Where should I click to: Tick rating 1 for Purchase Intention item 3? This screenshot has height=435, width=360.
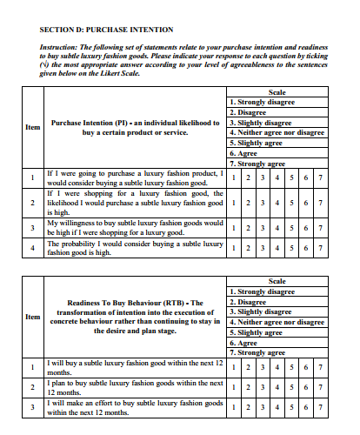tap(235, 229)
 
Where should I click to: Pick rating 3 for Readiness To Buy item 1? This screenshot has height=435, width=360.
tap(263, 369)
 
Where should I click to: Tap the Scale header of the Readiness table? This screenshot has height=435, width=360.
tap(277, 281)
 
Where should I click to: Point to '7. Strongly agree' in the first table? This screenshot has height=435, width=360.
tap(259, 163)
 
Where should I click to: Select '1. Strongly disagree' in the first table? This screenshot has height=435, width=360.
tap(262, 102)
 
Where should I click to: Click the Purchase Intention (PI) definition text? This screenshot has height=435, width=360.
tap(135, 128)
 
